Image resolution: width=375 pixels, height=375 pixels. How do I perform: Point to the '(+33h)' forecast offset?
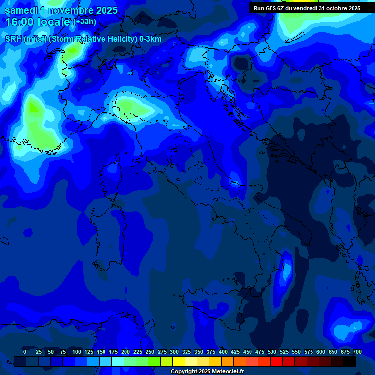(x=85, y=21)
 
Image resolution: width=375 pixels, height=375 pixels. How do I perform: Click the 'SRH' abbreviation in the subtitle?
(x=13, y=39)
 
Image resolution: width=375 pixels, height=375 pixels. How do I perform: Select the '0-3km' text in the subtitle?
(x=150, y=39)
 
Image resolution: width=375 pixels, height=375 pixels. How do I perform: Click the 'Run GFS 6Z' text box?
(x=307, y=8)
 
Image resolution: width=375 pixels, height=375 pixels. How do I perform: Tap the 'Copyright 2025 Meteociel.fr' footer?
(x=207, y=372)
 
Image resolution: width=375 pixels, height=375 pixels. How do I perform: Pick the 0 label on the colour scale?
(x=25, y=352)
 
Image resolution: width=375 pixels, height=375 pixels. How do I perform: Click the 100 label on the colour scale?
(x=77, y=352)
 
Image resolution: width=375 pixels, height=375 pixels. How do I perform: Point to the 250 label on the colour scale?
(x=150, y=352)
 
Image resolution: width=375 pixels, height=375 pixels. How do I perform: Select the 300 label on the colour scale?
(x=174, y=352)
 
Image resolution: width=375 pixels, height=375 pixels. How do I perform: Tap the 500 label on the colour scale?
(x=272, y=352)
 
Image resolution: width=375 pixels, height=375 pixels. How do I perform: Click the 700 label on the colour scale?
(x=357, y=352)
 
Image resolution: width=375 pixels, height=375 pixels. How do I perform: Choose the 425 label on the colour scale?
(x=235, y=352)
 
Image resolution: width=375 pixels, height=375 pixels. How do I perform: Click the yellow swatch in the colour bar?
(x=179, y=362)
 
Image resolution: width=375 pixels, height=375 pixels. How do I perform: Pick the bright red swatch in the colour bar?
(x=276, y=362)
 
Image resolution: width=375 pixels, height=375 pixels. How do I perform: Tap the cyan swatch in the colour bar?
(x=118, y=362)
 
